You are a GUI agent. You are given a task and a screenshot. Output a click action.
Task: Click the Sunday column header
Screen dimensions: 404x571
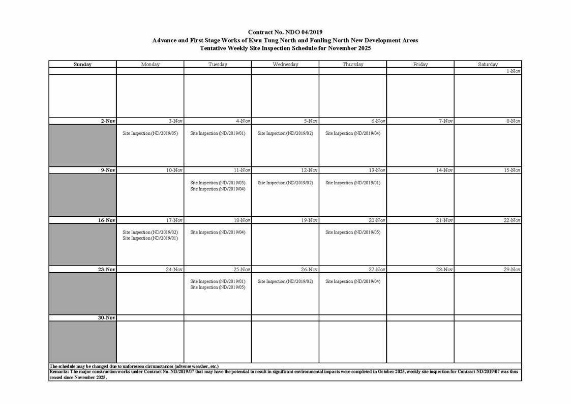(x=82, y=65)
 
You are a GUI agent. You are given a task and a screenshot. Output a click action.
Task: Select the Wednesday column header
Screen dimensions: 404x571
(x=285, y=65)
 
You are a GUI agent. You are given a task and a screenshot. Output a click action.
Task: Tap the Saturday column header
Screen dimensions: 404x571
(x=488, y=65)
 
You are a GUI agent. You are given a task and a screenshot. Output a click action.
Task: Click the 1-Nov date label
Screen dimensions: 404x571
(x=514, y=72)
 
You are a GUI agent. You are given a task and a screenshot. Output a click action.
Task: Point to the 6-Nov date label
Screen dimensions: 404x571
(x=378, y=121)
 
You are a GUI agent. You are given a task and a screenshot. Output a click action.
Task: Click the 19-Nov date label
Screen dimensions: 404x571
(x=310, y=220)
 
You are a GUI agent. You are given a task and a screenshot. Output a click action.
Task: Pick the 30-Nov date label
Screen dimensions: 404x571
(x=107, y=318)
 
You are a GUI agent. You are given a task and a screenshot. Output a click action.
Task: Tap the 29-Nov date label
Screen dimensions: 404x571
(x=512, y=270)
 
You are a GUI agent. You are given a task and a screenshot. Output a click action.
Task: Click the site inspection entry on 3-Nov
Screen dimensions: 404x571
(x=151, y=134)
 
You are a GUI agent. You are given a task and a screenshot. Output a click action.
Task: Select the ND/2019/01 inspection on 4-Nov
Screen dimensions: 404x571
(x=218, y=134)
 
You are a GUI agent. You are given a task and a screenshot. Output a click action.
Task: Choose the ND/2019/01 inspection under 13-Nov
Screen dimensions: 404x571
(x=353, y=183)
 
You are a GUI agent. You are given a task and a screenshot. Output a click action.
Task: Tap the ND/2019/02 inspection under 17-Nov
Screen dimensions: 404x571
(x=151, y=232)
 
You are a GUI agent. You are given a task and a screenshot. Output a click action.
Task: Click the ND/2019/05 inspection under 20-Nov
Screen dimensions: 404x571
(x=353, y=233)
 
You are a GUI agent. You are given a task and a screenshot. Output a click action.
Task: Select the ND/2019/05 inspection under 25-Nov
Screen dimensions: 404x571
(x=218, y=287)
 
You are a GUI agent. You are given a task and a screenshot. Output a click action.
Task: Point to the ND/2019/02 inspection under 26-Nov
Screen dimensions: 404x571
(x=285, y=281)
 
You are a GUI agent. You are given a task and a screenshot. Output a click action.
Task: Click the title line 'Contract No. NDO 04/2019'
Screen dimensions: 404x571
(x=285, y=32)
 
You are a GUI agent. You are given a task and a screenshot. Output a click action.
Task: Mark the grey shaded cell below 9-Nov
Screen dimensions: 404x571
(x=82, y=195)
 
